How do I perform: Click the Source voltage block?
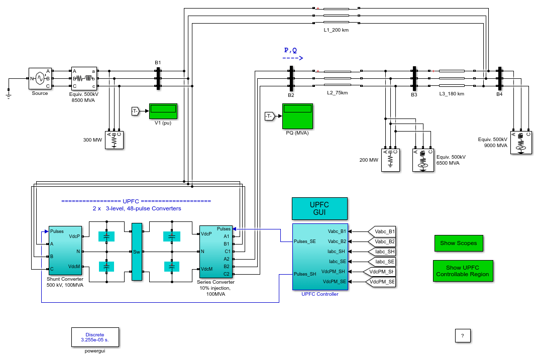coord(40,78)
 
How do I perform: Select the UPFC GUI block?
coord(319,208)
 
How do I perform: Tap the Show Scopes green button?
coord(459,243)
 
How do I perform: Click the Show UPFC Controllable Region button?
coord(463,271)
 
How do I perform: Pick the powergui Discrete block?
coord(95,337)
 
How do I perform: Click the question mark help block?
coord(463,335)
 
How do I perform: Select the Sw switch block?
coord(137,252)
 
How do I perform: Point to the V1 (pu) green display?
coord(163,111)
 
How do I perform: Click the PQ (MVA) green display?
coord(297,116)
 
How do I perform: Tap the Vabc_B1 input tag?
coord(382,231)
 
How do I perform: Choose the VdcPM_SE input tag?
coord(380,282)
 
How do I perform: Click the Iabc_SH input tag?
coord(381,252)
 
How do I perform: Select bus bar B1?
coord(158,79)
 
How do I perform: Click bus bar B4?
coord(500,79)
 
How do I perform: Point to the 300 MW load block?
coord(115,140)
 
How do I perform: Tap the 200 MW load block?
coord(390,160)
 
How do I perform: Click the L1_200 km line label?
coord(336,30)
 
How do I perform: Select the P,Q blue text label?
coord(290,50)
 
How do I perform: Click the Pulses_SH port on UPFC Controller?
coord(305,274)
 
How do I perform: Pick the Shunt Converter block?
coord(65,250)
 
